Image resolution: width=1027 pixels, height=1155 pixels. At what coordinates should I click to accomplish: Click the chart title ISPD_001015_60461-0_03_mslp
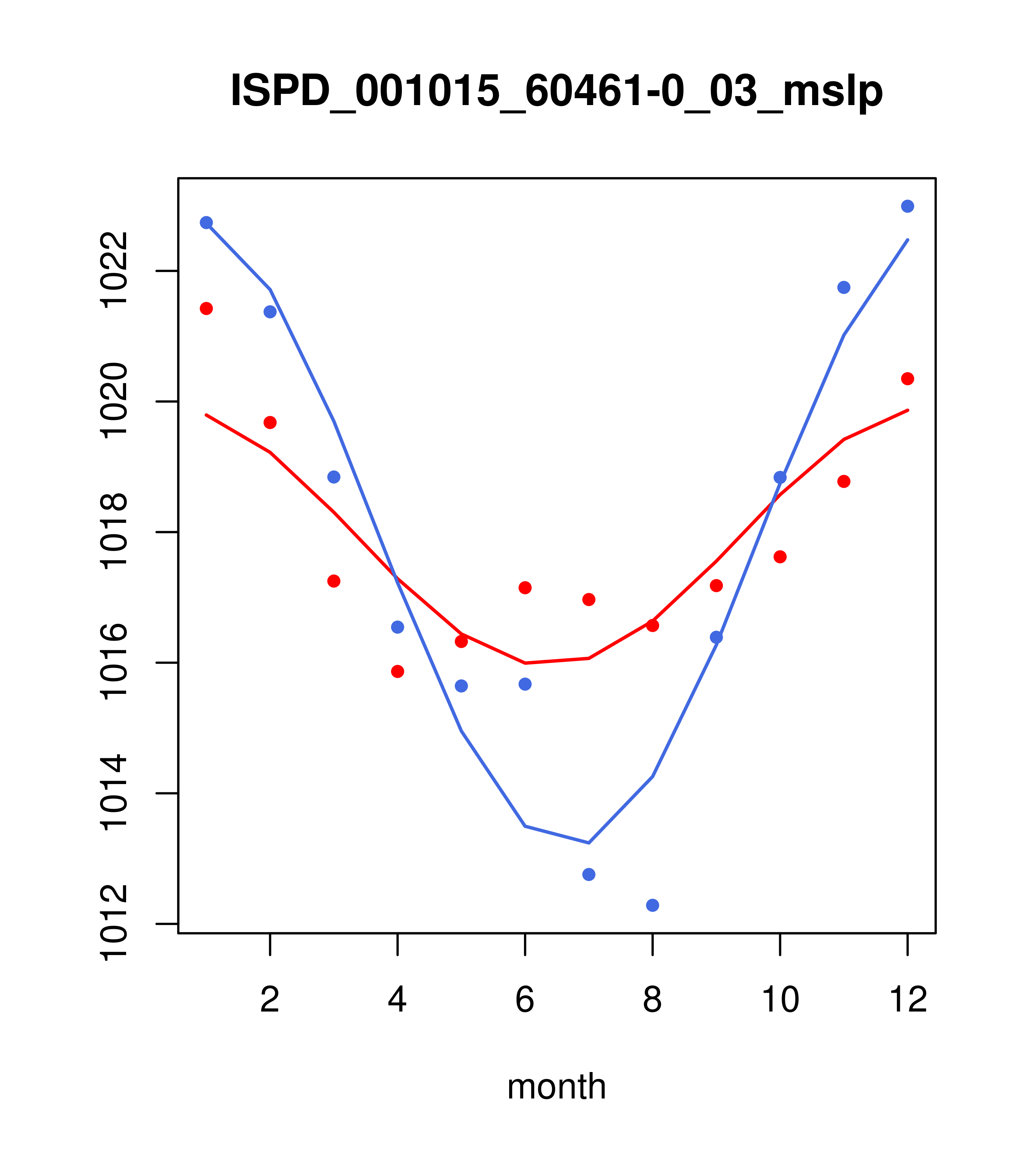coord(556,91)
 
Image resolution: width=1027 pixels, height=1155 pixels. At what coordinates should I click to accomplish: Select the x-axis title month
coord(556,1086)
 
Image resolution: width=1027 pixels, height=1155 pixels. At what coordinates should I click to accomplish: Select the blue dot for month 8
coord(652,905)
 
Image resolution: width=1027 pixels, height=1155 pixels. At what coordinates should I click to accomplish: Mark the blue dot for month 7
coord(589,874)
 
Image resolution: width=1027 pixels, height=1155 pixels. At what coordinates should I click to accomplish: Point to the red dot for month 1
coord(206,309)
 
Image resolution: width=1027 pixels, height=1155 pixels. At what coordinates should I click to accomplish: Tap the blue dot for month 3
coord(334,477)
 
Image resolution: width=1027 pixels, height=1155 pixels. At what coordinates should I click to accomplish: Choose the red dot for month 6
coord(525,588)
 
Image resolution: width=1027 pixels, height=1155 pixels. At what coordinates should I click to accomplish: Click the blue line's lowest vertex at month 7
coord(589,843)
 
